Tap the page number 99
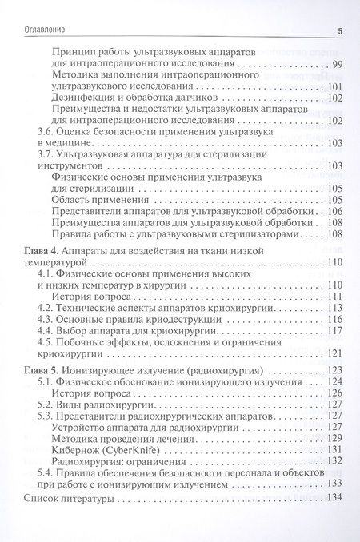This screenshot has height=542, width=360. tap(336, 63)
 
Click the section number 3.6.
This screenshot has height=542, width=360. tap(47, 131)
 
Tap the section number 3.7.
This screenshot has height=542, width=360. tap(47, 154)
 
